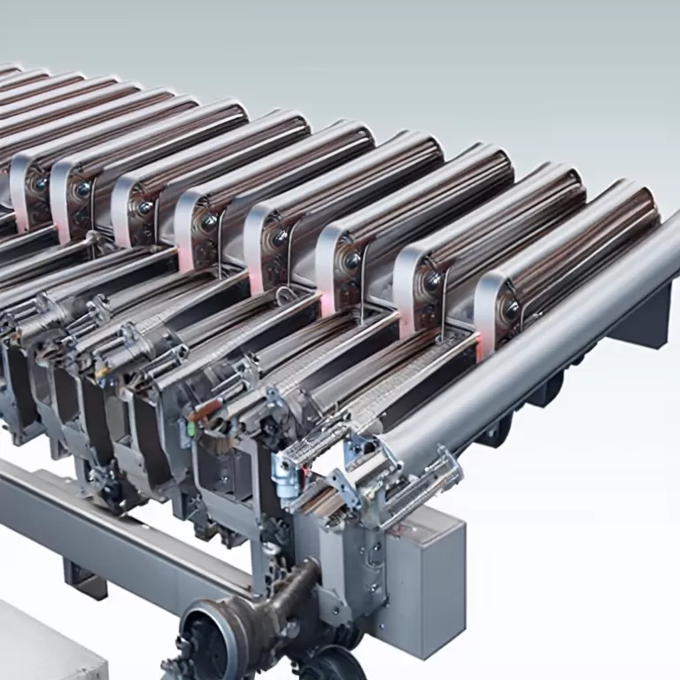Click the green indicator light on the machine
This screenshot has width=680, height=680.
coord(189,428)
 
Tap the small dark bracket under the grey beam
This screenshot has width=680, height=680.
coord(85,580)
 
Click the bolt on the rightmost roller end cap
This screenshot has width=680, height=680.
coord(511,308)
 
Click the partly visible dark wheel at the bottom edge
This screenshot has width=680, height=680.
coord(332,664)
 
